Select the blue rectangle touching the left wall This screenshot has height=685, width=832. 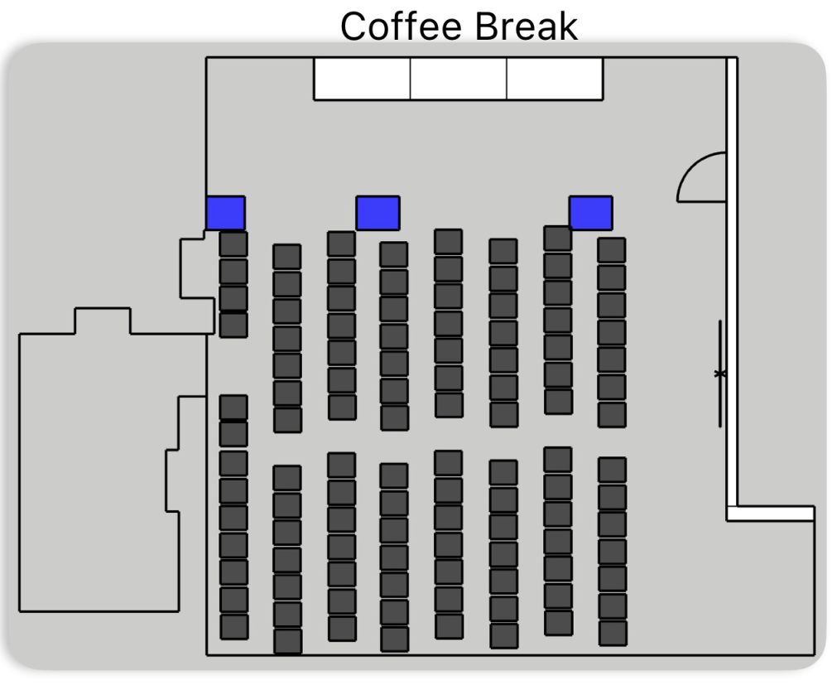pos(225,213)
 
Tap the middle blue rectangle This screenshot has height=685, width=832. pos(378,213)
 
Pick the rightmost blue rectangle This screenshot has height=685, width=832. pos(590,213)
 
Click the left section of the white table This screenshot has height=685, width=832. pos(362,79)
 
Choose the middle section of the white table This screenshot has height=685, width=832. pos(459,79)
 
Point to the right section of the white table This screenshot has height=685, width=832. pos(555,79)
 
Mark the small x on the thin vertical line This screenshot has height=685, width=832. pos(720,374)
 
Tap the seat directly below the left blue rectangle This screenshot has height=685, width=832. pos(233,244)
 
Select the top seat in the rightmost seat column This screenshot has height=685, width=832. pos(612,250)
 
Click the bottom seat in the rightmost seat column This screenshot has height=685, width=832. pos(612,633)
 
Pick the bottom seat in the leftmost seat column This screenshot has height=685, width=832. pos(233,626)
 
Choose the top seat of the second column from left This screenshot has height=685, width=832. pos(287,257)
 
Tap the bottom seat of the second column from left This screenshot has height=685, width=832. pos(287,641)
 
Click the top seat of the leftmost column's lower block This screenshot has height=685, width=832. pos(233,407)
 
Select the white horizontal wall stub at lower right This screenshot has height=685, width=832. pos(770,513)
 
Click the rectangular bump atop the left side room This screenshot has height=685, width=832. pos(103,321)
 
